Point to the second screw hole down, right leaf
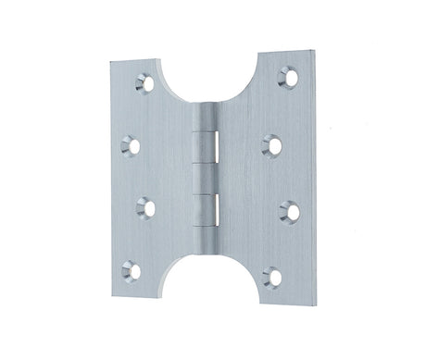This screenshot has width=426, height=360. click(x=272, y=143)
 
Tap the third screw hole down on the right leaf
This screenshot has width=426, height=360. click(x=289, y=211)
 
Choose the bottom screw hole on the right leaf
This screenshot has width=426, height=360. click(x=272, y=275)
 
